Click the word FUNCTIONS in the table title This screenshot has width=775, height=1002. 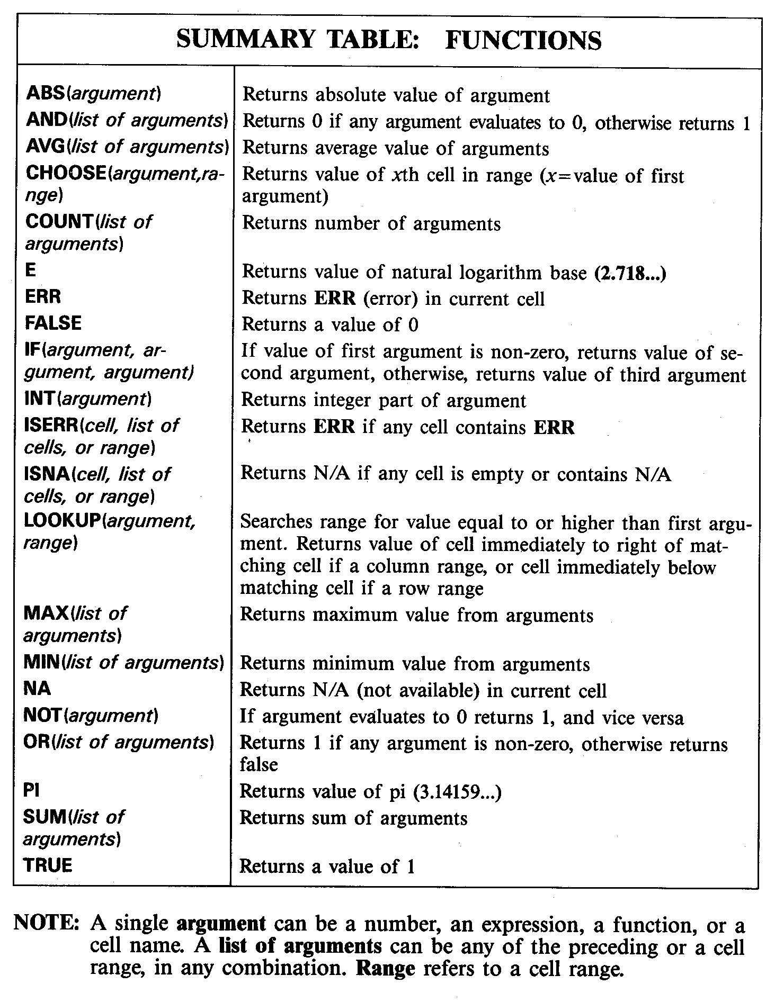523,40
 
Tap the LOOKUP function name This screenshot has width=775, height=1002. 63,521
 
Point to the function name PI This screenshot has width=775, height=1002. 32,790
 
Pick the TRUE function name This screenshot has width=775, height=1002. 48,865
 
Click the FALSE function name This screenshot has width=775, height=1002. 53,323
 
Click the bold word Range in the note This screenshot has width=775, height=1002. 386,968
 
